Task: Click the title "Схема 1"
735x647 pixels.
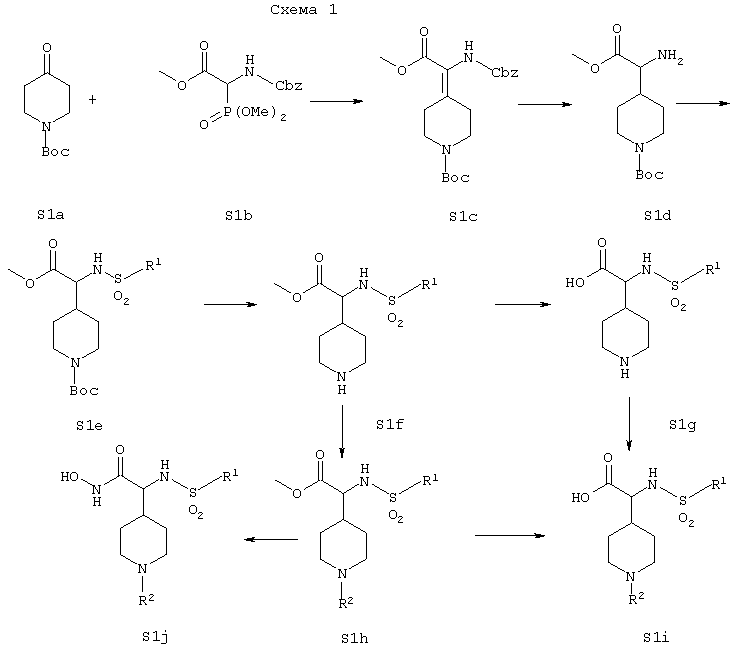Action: click(304, 10)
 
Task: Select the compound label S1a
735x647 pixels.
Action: click(51, 215)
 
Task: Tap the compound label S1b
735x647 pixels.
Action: click(239, 215)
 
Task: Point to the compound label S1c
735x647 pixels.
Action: click(463, 216)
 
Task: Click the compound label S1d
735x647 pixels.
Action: click(657, 215)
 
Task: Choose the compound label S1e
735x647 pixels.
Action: click(89, 425)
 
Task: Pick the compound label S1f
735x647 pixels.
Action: click(390, 424)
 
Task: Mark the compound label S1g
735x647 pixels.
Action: click(682, 425)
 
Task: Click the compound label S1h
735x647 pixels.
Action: click(354, 638)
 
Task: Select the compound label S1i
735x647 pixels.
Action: click(656, 637)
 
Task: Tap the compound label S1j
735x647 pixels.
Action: click(155, 637)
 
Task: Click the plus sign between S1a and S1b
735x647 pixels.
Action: click(92, 99)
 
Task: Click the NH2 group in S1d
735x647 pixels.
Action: click(670, 57)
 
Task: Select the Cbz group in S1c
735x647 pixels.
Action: click(505, 73)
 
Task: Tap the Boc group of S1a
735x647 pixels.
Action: click(55, 151)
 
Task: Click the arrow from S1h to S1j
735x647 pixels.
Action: click(271, 539)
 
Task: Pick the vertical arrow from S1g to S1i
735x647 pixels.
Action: click(629, 424)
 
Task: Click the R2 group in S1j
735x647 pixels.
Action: click(146, 600)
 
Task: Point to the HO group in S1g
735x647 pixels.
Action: click(575, 283)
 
